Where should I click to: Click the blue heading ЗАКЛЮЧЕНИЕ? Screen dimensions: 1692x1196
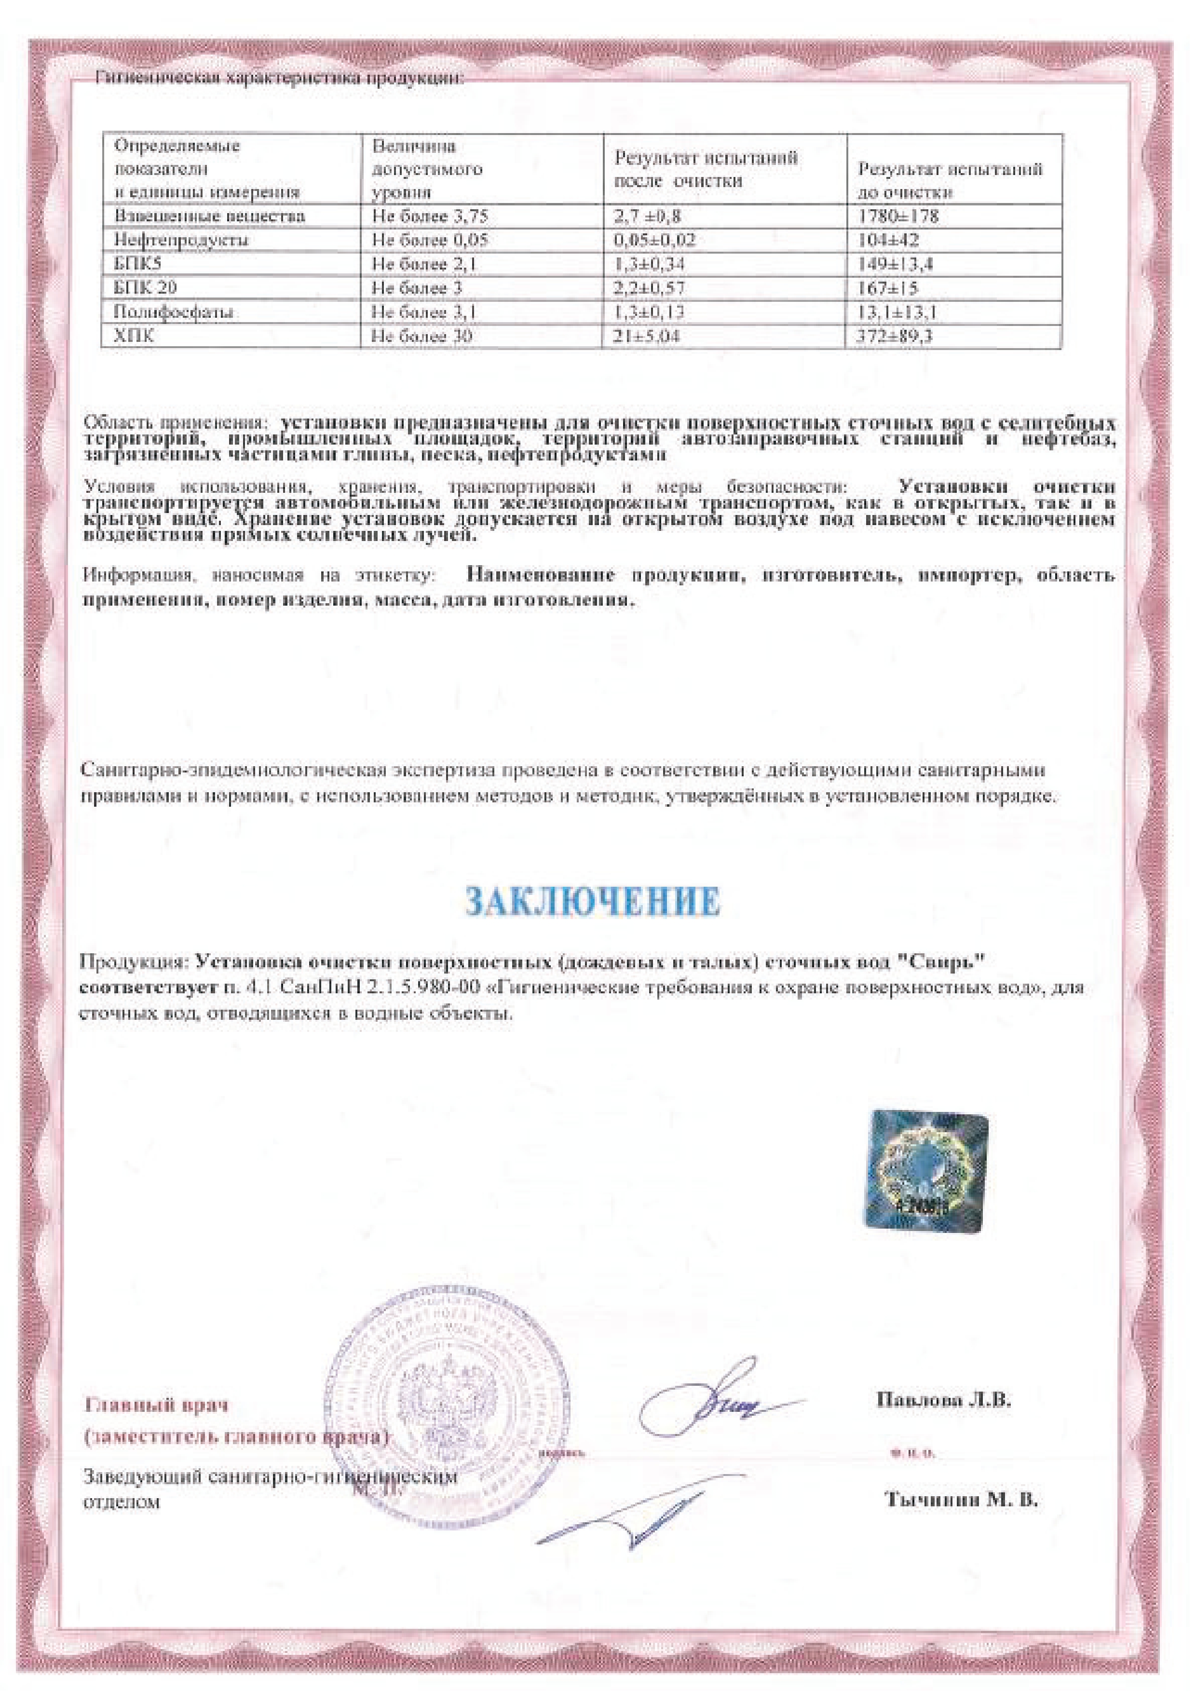pos(593,901)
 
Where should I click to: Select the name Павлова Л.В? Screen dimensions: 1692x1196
pos(943,1400)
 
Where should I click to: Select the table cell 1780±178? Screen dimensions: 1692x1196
pos(898,216)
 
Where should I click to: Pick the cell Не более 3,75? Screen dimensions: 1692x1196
pos(430,216)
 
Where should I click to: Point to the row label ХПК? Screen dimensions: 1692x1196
pos(134,337)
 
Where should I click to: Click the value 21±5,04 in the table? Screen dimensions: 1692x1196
pos(647,337)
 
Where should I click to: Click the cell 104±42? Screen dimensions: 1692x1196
pos(889,240)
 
